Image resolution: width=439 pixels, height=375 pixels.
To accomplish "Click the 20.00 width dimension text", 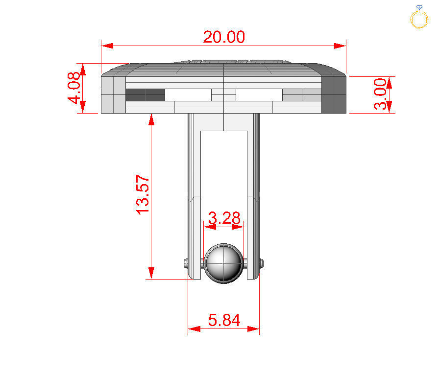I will [224, 37].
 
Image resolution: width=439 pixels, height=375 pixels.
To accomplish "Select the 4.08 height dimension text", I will [73, 88].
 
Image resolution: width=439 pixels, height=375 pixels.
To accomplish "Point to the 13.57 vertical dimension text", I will [143, 194].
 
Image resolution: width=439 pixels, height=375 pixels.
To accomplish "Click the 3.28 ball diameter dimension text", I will [224, 217].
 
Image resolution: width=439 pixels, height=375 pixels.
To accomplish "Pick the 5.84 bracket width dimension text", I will [224, 320].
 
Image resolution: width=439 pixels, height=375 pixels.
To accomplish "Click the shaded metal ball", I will [223, 263].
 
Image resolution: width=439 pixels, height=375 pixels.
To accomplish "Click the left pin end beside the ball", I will [186, 263].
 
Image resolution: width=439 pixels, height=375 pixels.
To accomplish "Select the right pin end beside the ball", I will [262, 263].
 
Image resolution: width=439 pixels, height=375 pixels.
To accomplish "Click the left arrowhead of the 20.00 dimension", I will [107, 46].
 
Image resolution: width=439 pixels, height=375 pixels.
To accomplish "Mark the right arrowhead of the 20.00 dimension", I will [340, 46].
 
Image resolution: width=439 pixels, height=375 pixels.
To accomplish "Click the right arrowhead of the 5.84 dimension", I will [253, 328].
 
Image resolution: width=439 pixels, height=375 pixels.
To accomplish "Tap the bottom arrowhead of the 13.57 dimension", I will [151, 273].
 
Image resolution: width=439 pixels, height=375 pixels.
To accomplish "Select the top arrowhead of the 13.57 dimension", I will [151, 119].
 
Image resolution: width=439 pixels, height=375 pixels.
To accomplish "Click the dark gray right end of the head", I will [334, 93].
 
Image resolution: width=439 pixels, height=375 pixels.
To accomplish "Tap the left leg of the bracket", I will [195, 196].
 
